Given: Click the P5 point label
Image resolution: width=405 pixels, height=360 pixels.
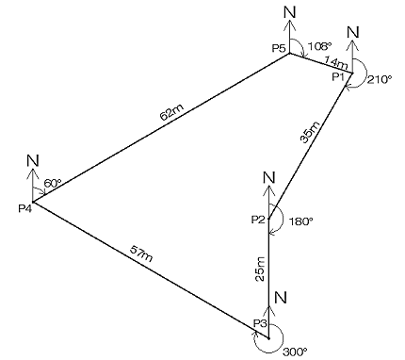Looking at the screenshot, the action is pyautogui.click(x=279, y=48).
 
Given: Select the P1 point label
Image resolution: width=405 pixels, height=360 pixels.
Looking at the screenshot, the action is pyautogui.click(x=338, y=76).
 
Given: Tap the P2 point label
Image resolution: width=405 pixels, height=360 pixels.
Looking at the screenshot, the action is pyautogui.click(x=258, y=220).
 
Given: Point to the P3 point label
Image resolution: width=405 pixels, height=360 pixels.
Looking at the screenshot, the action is pyautogui.click(x=260, y=322).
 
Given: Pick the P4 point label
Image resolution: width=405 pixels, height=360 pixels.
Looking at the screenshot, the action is pyautogui.click(x=25, y=208).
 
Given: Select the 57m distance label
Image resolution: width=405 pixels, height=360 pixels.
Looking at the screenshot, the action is pyautogui.click(x=141, y=254).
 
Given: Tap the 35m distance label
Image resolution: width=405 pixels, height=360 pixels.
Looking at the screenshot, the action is pyautogui.click(x=310, y=132).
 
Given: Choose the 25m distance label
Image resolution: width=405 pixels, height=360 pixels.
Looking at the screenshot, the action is pyautogui.click(x=260, y=269).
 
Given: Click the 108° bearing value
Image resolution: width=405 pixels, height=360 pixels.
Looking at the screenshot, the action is pyautogui.click(x=319, y=46).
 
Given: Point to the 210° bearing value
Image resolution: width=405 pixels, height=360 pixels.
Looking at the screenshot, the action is pyautogui.click(x=381, y=79).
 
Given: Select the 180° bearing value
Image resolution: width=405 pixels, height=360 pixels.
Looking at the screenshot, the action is pyautogui.click(x=300, y=221).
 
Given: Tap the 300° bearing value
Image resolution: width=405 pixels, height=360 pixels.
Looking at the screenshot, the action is pyautogui.click(x=295, y=352).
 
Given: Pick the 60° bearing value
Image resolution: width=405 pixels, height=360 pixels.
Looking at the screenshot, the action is pyautogui.click(x=52, y=183).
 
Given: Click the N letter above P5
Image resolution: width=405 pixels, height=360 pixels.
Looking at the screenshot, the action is pyautogui.click(x=290, y=12).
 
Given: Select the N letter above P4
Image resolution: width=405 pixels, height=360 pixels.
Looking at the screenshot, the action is pyautogui.click(x=33, y=161).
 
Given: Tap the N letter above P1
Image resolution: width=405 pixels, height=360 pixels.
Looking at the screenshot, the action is pyautogui.click(x=353, y=32).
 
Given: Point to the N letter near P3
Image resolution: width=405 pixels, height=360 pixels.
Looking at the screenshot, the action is pyautogui.click(x=281, y=297).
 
